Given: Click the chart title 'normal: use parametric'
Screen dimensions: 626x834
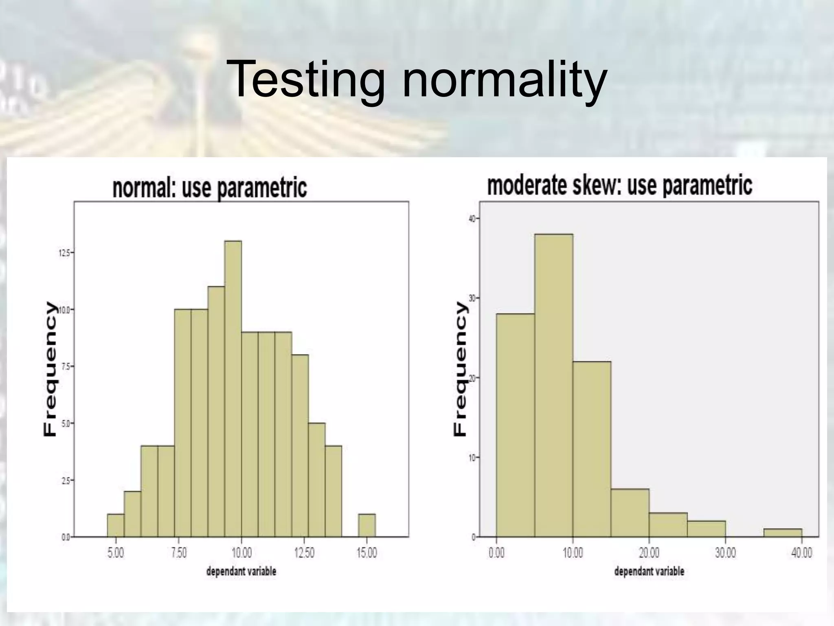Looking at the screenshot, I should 209,188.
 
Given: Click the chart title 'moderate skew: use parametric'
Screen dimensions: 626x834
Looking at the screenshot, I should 619,185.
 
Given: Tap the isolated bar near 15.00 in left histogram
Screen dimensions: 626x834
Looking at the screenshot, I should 367,526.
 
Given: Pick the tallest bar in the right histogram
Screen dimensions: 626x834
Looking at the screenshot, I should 554,385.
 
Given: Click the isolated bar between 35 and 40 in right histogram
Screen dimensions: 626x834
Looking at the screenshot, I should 783,533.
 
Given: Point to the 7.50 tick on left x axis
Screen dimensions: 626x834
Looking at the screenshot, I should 178,553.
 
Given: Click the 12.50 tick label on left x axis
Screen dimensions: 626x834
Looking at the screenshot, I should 304,553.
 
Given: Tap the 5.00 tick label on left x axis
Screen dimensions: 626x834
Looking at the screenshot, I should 116,553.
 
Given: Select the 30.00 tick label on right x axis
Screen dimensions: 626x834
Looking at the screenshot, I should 725,553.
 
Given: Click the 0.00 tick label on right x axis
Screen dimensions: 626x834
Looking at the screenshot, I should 496,553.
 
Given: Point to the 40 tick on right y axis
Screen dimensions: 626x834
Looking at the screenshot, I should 472,219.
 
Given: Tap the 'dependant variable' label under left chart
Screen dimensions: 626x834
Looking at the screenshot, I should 241,571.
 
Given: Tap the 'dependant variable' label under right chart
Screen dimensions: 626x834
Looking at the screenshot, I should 649,571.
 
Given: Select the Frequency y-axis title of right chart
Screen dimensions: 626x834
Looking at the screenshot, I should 460,369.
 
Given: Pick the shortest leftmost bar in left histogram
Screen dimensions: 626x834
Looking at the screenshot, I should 116,526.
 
